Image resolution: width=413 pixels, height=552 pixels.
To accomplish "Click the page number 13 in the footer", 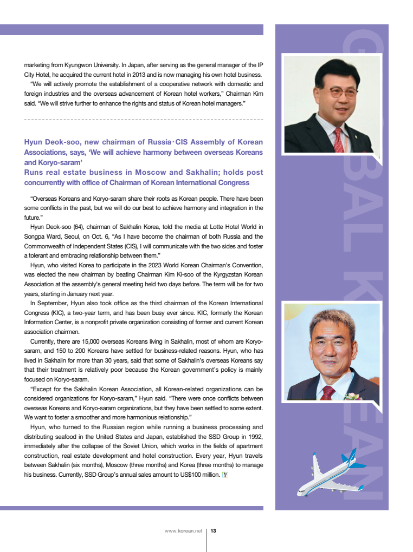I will click(x=214, y=531).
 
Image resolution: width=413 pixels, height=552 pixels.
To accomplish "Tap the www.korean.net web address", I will click(x=183, y=531).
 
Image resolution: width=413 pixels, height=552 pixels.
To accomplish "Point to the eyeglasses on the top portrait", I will click(x=337, y=91).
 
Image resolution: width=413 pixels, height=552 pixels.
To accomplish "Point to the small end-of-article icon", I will click(x=225, y=475).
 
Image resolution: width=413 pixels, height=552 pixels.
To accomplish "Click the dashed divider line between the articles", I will click(x=144, y=119).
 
